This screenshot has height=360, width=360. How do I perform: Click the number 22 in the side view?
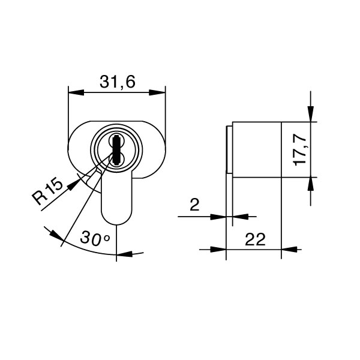point(255,240)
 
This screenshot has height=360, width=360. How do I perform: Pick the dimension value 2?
point(194,206)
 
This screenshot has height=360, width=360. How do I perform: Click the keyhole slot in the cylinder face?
point(116,150)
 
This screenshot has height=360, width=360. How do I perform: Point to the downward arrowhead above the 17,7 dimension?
point(310,116)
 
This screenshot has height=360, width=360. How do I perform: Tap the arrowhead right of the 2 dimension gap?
point(237,216)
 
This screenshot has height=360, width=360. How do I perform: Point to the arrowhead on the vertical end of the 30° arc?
point(122,254)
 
